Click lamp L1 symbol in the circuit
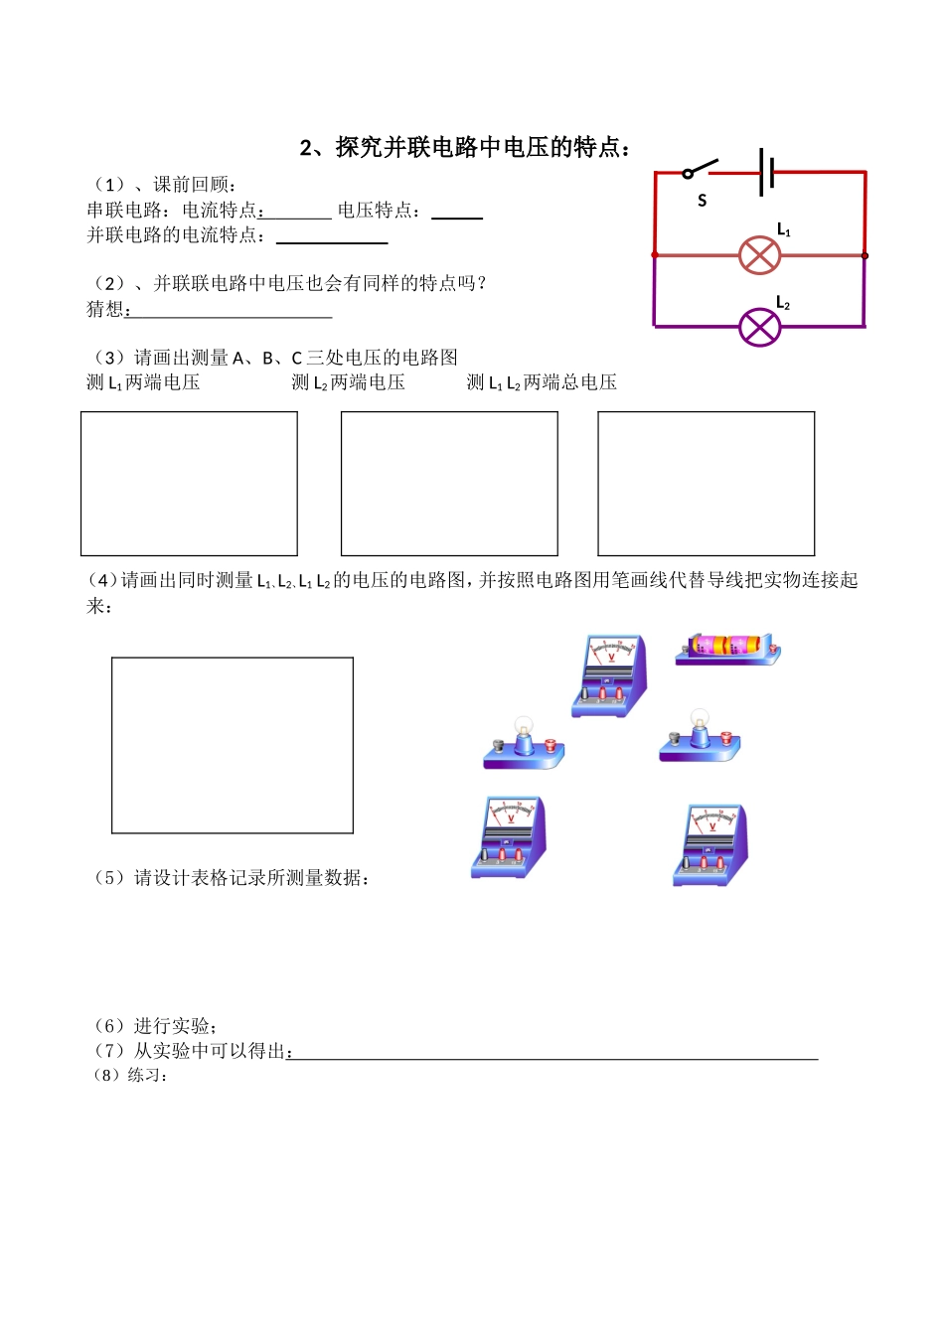click(760, 255)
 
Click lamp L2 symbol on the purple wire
click(760, 327)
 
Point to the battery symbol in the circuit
click(766, 172)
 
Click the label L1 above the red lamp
click(783, 230)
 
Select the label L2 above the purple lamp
click(783, 303)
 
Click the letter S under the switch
click(702, 201)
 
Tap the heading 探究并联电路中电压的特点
click(465, 148)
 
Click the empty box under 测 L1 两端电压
click(189, 484)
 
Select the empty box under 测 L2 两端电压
click(449, 484)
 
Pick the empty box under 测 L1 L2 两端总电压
click(706, 484)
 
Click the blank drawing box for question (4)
click(233, 745)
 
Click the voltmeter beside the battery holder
click(610, 675)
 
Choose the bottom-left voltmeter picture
click(509, 836)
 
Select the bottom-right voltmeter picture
click(710, 844)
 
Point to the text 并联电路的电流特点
click(176, 235)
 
